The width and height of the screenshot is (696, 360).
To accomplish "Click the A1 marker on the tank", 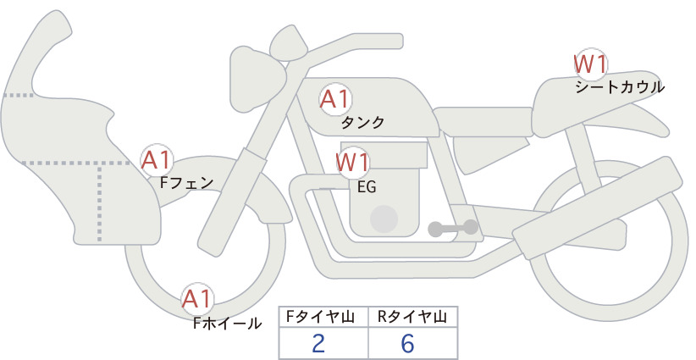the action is pos(335,99).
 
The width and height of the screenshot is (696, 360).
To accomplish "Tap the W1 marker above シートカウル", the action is pos(590,64).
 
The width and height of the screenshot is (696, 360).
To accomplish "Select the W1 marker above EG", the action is pos(352,163).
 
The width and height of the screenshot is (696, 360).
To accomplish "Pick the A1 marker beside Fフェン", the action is pos(157,160).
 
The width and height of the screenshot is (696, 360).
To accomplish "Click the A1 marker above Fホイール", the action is pos(197,299).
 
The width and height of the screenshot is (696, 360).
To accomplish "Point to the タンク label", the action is pos(362,123).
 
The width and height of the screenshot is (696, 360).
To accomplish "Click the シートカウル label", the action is pos(620,87).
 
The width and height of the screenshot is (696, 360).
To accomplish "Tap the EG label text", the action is pos(367,187).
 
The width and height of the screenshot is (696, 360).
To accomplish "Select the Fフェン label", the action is pos(186,183).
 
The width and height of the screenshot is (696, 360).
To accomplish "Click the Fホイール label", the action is pos(227,324).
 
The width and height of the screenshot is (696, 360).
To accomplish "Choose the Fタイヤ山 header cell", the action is pos(323,317).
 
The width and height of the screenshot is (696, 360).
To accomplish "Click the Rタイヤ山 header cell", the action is pos(413,317).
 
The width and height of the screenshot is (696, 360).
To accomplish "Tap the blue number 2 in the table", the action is pos(318,343).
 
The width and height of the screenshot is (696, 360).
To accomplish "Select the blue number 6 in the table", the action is pos(407,343).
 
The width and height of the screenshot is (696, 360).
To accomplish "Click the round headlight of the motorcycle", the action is pos(257,79).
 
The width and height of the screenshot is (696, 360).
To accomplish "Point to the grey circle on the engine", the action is pos(384,219).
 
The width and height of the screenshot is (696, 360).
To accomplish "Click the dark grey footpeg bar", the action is pos(453,228).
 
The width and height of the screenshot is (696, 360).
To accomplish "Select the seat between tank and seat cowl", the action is pos(483,120).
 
